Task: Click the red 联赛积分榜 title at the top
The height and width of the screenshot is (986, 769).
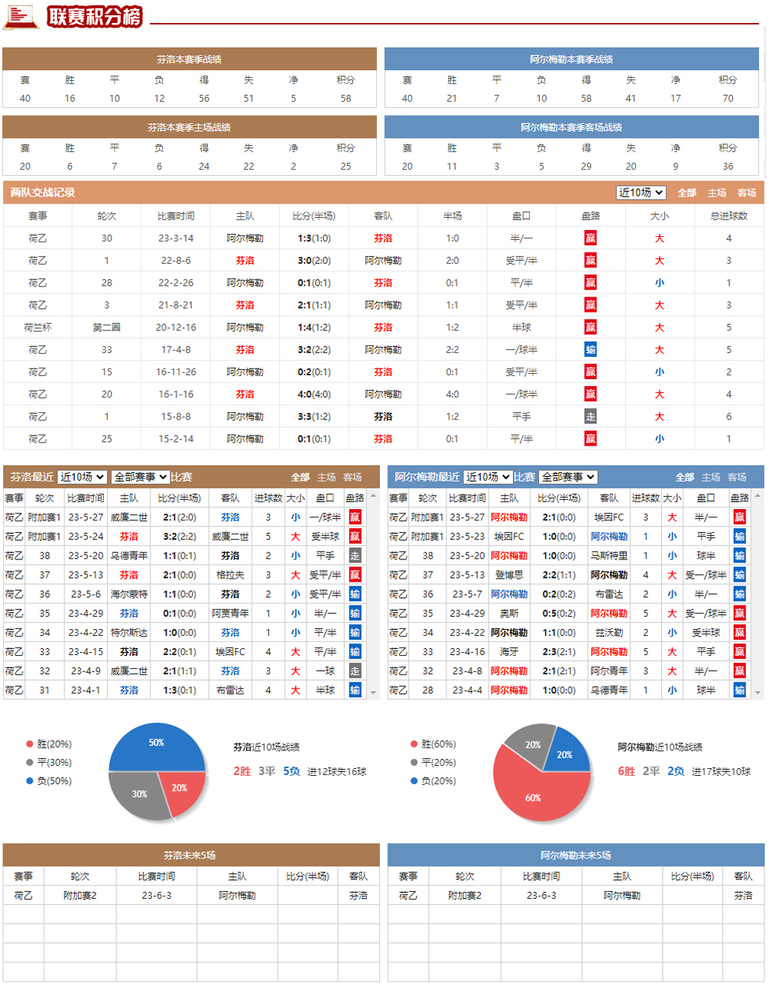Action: (95, 16)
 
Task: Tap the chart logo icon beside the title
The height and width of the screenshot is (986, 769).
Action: (21, 16)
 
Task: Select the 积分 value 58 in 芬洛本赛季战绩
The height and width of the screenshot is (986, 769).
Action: (346, 99)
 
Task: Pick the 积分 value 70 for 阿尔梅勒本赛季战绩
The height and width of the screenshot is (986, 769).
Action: (728, 99)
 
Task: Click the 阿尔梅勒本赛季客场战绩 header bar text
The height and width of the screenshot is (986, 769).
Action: (571, 128)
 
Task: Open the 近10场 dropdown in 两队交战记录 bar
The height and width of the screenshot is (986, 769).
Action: (641, 193)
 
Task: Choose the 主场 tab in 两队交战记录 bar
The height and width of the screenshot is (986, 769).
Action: (717, 193)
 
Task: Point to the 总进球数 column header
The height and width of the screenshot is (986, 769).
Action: (728, 216)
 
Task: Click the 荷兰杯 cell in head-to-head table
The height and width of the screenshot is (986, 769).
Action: (37, 328)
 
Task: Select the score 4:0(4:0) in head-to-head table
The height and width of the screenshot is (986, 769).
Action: (314, 394)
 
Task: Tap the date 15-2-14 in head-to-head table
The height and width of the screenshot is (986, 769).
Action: (176, 439)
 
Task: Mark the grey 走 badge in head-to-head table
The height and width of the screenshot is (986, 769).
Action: (590, 417)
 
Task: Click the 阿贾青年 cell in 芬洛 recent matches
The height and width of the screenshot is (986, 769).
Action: (230, 614)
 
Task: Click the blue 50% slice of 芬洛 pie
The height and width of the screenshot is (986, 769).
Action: (156, 748)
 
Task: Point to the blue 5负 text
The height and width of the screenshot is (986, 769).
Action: (291, 771)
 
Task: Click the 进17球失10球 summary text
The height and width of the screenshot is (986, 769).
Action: (721, 771)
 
